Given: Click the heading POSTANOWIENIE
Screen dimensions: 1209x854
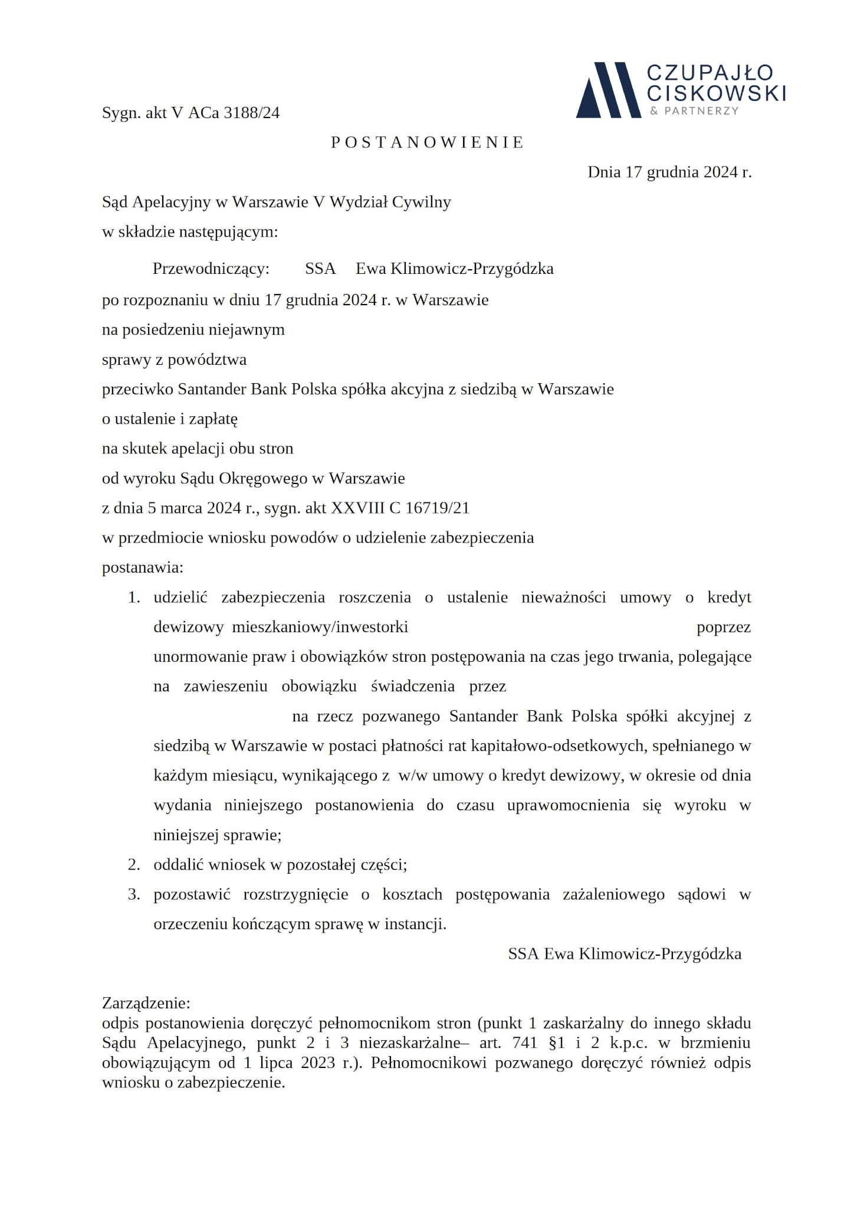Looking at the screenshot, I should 428,142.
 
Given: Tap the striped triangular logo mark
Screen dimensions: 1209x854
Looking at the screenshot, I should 608,90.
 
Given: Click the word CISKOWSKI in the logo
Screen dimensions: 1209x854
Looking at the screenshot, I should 716,93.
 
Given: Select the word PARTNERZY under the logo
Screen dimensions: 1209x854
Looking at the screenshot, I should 701,111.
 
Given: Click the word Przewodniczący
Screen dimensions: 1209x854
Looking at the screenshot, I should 211,269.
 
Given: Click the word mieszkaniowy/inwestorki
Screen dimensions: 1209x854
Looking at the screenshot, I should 320,627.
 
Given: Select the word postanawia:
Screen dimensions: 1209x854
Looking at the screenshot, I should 143,567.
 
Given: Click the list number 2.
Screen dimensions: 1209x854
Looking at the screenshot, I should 134,865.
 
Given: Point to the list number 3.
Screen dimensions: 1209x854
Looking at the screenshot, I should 134,894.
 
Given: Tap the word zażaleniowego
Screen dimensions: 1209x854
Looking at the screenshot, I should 613,894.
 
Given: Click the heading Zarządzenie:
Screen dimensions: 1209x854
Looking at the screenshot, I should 146,1004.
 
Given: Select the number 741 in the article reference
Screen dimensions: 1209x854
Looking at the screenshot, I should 524,1043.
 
